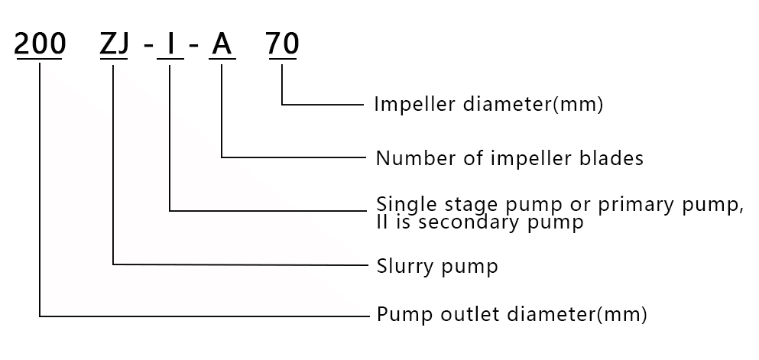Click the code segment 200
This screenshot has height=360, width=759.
click(40, 45)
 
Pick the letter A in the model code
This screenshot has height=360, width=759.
click(221, 45)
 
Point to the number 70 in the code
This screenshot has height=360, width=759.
click(282, 45)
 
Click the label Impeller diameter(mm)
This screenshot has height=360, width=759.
click(488, 104)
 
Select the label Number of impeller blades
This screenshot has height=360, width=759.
click(509, 158)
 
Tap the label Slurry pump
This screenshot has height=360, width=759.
click(437, 266)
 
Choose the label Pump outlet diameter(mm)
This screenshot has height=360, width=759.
click(512, 314)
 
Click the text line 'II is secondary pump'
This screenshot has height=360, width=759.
click(480, 222)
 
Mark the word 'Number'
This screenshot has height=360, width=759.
click(406, 158)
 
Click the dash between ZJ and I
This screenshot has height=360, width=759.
click(147, 47)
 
